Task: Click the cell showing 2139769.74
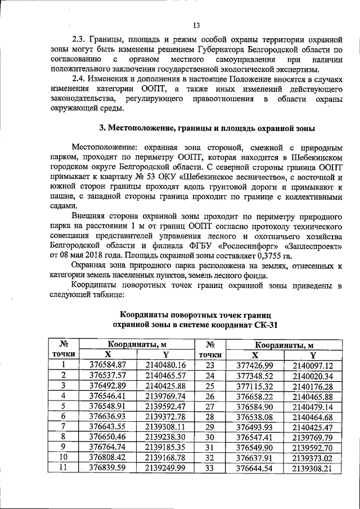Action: pos(165,395)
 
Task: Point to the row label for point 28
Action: pos(210,416)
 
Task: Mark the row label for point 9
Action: pos(64,446)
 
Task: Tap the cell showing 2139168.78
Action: pos(165,456)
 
